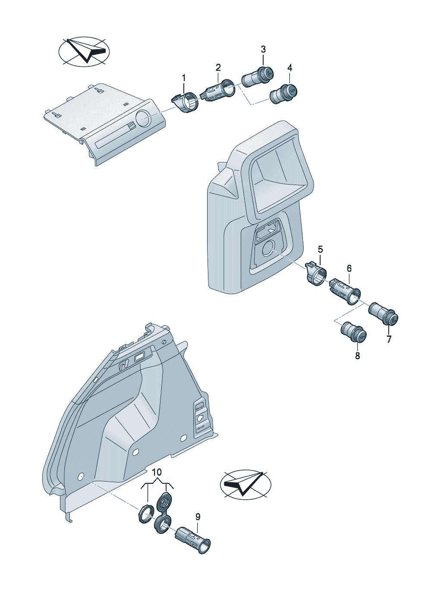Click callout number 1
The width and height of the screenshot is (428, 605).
184,78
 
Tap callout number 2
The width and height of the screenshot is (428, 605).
218,68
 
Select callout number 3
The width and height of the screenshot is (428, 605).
263,50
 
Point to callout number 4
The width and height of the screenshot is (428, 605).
290,68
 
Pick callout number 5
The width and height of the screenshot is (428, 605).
320,249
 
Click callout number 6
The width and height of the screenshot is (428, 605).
349,269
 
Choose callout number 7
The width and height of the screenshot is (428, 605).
389,339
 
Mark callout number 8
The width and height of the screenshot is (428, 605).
358,356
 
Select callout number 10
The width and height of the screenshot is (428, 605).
157,472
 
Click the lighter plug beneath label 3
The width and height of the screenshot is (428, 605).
258,77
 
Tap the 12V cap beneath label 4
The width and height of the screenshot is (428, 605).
284,94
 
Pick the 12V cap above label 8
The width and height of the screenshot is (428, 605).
354,332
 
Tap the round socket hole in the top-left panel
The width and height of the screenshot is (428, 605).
143,118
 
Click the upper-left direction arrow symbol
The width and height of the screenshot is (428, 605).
84,51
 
